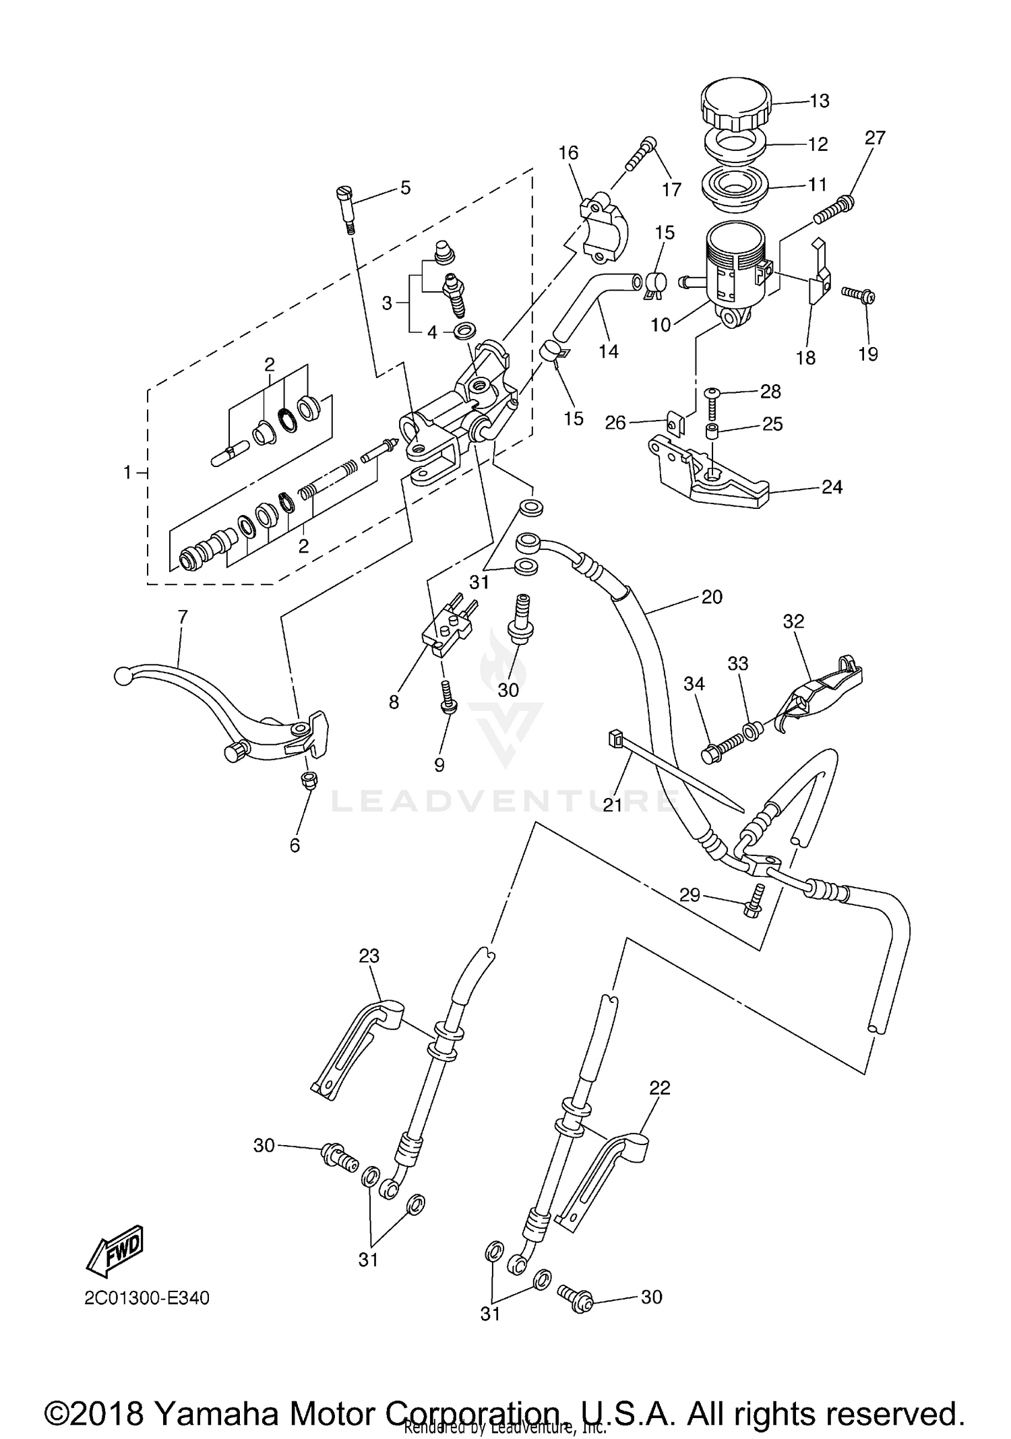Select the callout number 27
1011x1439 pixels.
[x=874, y=138]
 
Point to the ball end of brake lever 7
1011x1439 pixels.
[x=122, y=675]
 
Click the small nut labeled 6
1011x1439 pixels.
[x=309, y=780]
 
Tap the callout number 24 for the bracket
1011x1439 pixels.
[x=832, y=487]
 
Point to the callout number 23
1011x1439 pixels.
[x=369, y=956]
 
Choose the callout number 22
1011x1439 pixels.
[x=660, y=1088]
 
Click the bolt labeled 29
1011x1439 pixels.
[x=754, y=900]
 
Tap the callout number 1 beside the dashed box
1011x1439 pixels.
[x=127, y=473]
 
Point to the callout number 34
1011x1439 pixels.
[x=694, y=684]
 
